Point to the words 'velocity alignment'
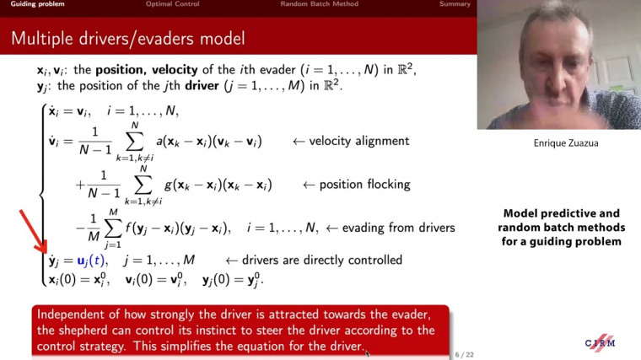347,141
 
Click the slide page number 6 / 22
464,353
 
